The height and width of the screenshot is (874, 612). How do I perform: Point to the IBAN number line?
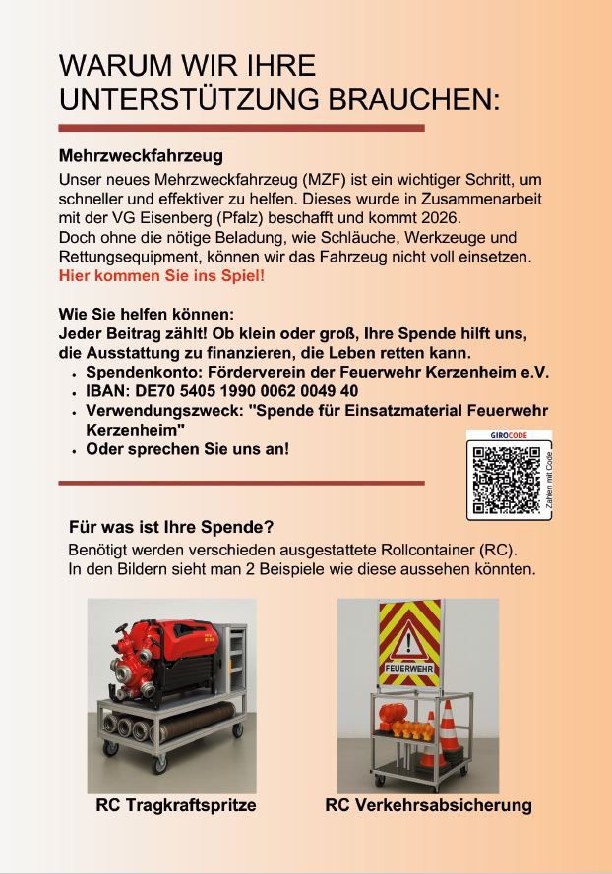(221, 391)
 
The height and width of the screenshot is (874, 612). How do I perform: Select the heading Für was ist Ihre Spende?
(171, 526)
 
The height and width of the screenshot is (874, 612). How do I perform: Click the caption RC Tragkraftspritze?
(176, 805)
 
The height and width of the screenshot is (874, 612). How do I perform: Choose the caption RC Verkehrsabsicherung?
(428, 805)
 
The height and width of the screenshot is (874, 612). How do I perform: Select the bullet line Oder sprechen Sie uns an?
(188, 449)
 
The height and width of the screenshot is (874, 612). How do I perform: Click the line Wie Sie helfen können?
(146, 315)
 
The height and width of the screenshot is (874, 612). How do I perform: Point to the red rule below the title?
(242, 128)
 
